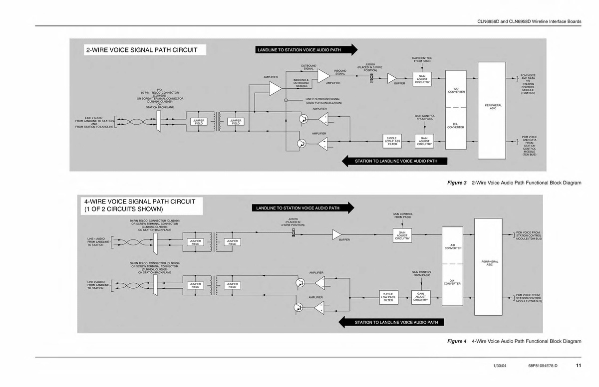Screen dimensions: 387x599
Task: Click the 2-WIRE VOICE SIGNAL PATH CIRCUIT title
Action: click(142, 50)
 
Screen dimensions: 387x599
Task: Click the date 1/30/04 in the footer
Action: click(499, 367)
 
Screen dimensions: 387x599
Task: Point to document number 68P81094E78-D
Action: click(543, 367)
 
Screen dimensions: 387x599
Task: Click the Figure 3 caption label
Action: click(457, 183)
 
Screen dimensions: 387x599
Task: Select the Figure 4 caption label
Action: click(457, 341)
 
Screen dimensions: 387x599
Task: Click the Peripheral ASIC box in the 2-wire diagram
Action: click(492, 107)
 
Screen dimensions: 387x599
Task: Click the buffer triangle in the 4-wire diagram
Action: click(337, 234)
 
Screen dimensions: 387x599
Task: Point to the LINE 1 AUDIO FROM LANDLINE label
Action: click(96, 242)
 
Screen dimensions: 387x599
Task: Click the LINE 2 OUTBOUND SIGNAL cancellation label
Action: click(323, 101)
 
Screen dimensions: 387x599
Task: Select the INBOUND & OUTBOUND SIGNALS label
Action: click(301, 83)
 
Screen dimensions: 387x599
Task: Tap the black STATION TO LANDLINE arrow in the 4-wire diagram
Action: click(391, 322)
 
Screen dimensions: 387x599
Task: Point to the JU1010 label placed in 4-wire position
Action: click(293, 222)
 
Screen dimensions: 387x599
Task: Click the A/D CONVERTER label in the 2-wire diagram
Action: click(456, 90)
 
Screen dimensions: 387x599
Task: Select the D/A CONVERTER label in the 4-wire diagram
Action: click(452, 282)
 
